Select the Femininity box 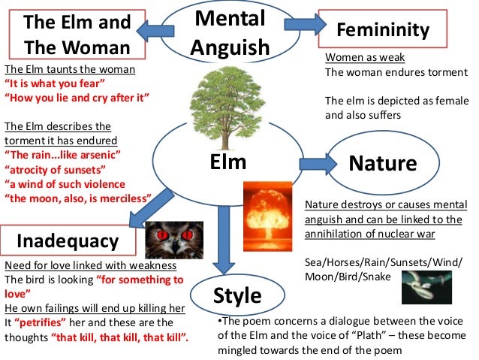383,30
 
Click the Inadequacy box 68,241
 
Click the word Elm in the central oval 228,161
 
